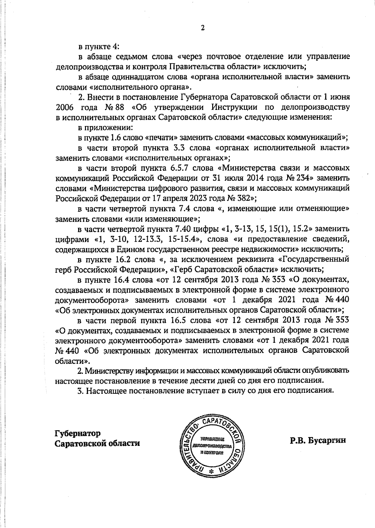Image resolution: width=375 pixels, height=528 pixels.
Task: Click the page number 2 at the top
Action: [202, 28]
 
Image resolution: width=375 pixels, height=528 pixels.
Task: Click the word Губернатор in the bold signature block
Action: [78, 433]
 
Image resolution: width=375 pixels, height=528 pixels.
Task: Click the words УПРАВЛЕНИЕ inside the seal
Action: [211, 439]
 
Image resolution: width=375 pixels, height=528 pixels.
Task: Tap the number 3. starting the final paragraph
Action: [81, 391]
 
